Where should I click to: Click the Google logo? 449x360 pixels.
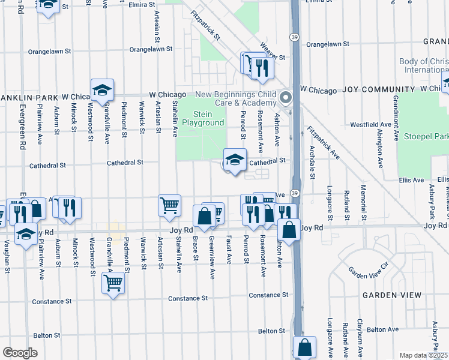[20, 353]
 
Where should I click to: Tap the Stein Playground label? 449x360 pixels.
[208, 119]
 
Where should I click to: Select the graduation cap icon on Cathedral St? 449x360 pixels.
[234, 160]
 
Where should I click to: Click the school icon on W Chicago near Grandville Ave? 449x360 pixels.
[102, 90]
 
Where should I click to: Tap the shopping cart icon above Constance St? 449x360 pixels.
[113, 283]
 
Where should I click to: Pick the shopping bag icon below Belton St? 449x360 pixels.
[304, 347]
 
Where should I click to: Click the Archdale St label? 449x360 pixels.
[312, 162]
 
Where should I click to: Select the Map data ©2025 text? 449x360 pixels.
[423, 355]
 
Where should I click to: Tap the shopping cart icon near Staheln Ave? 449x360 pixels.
[169, 205]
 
